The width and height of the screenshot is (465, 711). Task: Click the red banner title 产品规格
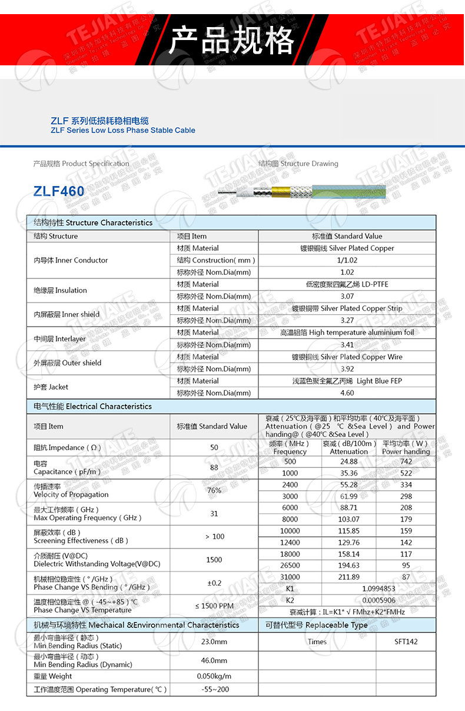[231, 40]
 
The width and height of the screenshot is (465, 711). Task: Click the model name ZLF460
[59, 191]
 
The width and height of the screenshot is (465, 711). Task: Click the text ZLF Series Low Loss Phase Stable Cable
[123, 130]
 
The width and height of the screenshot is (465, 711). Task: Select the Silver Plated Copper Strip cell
[347, 308]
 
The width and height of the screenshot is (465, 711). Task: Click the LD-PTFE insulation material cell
[347, 284]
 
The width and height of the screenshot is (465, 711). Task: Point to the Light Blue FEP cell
[347, 381]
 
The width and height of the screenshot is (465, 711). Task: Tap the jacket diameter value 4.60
[347, 393]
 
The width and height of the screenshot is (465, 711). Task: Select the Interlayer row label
[59, 339]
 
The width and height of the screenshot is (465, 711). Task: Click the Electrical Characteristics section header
[92, 407]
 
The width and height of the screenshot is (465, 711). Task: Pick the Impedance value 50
[214, 448]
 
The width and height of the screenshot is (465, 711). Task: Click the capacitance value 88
[214, 467]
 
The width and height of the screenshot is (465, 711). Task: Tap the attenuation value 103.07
[349, 520]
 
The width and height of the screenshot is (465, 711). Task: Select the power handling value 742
[406, 462]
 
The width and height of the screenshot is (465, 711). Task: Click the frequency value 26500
[290, 566]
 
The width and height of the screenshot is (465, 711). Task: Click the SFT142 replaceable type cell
[406, 642]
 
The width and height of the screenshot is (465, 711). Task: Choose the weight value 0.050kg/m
[214, 676]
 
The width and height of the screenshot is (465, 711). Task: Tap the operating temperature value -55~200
[214, 689]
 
